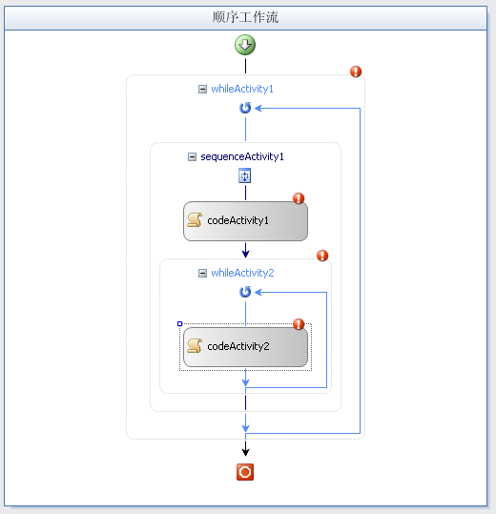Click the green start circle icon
(x=245, y=45)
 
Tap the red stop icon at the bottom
(x=245, y=472)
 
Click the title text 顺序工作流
(x=245, y=17)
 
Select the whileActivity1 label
(x=242, y=89)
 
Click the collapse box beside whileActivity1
(x=202, y=90)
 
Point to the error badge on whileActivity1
(x=356, y=72)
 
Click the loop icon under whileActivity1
(x=245, y=108)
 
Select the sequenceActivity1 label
(x=242, y=156)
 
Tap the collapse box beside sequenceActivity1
(x=192, y=157)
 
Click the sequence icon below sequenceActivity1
(x=244, y=175)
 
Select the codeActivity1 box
(x=245, y=221)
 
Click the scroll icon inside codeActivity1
(x=195, y=219)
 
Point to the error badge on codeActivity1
(x=299, y=198)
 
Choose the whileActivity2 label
(x=242, y=273)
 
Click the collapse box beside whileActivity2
(x=202, y=273)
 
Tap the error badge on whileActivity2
(x=322, y=256)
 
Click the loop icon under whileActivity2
(x=245, y=292)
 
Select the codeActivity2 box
(x=245, y=347)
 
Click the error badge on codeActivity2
(x=299, y=324)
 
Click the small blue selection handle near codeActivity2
(x=179, y=324)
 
